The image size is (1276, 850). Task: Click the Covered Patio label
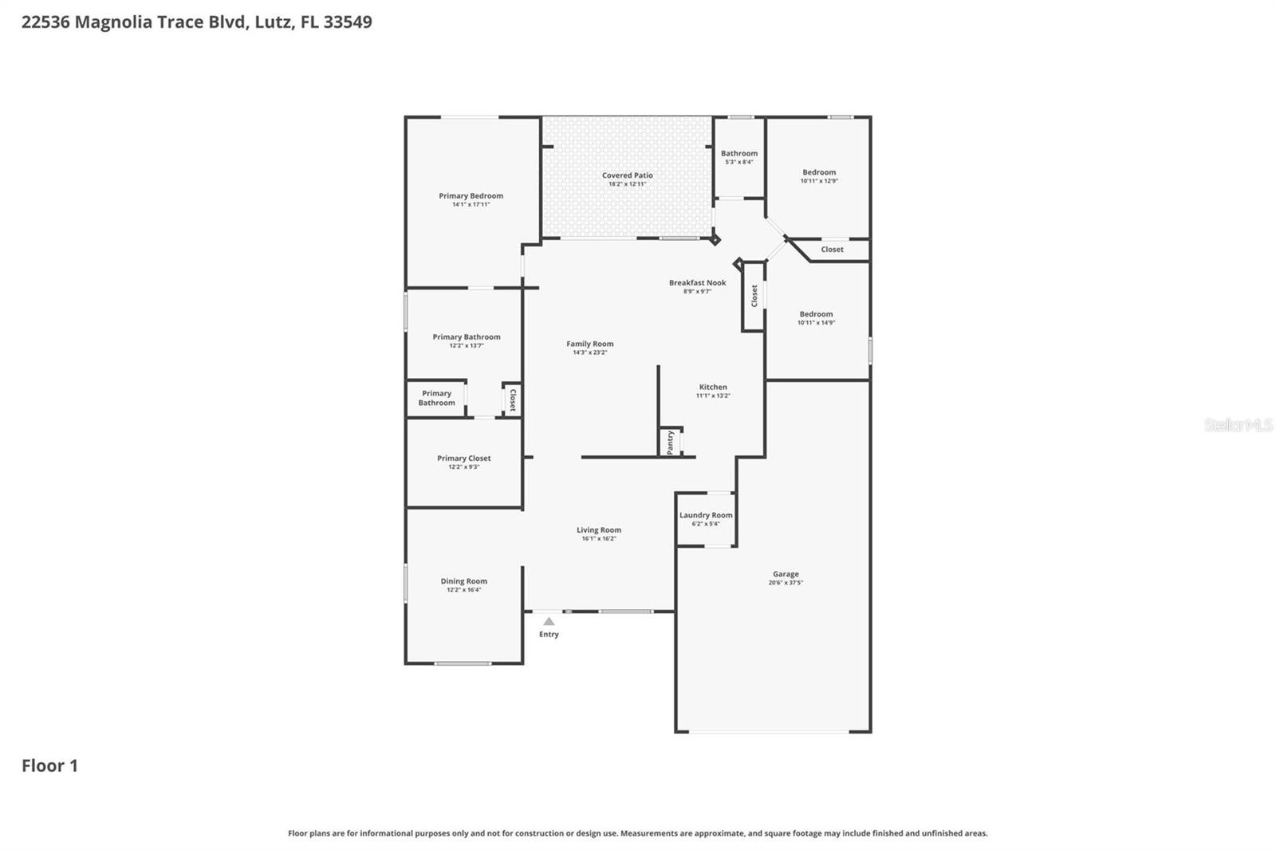point(627,175)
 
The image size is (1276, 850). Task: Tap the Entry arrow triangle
point(549,621)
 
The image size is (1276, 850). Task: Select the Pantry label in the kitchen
point(671,442)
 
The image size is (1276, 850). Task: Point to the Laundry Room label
point(706,515)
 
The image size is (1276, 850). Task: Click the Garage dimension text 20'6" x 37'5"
point(786,583)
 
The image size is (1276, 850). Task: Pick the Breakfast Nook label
point(697,282)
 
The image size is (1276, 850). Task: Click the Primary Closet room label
point(463,458)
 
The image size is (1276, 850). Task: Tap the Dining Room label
point(463,581)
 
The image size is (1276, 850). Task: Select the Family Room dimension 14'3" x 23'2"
point(589,352)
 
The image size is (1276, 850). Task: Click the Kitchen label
point(712,387)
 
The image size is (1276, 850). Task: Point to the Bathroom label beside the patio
point(739,153)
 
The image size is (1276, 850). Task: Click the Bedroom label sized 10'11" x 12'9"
point(819,172)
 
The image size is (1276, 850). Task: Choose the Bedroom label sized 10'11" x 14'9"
point(816,314)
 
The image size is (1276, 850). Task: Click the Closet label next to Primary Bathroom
point(512,399)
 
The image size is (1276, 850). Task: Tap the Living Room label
point(599,529)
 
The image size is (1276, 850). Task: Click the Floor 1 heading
point(49,765)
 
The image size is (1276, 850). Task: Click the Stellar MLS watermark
point(1238,425)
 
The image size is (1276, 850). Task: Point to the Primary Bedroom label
point(471,195)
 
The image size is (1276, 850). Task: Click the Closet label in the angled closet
point(832,250)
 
